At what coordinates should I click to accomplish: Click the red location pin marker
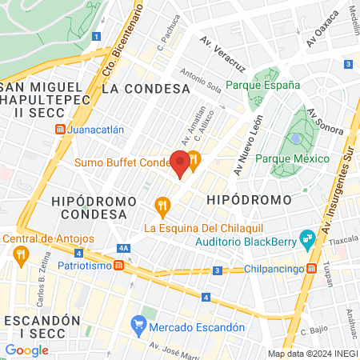(x=181, y=163)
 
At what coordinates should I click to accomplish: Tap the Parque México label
(x=292, y=158)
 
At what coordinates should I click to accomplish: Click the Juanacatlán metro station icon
(x=61, y=129)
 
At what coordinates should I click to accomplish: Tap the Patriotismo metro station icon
(x=118, y=265)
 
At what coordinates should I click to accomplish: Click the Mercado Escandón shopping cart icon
(x=138, y=326)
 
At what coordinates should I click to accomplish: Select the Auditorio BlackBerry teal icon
(x=306, y=238)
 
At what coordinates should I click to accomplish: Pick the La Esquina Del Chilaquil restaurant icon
(x=163, y=207)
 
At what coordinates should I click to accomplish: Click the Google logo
(x=26, y=350)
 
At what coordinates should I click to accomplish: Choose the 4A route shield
(x=122, y=249)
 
